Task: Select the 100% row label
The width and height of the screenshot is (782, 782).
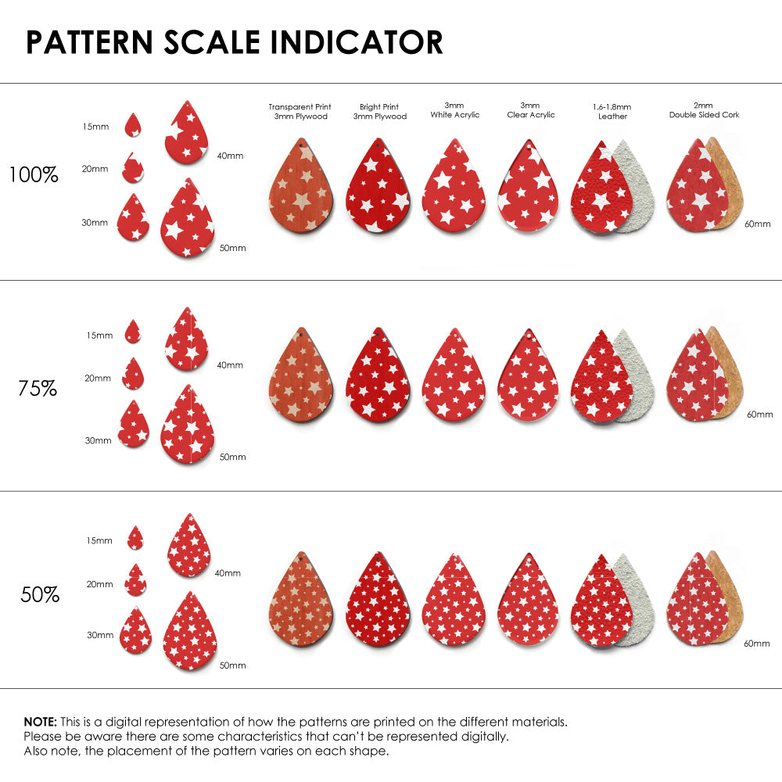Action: tap(34, 175)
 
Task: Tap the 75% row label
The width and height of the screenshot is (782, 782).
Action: tap(38, 388)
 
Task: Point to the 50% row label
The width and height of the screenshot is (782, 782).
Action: tap(40, 595)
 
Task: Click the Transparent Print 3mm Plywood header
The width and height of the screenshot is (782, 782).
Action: tap(300, 111)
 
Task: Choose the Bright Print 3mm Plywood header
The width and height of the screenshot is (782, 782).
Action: tap(379, 111)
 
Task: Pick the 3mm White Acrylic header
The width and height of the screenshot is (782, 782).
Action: tap(454, 109)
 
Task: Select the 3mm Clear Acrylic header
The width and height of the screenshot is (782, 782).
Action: tap(530, 109)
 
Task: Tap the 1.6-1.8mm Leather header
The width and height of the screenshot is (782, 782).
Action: tap(612, 111)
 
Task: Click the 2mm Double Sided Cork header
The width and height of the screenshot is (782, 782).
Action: tap(704, 109)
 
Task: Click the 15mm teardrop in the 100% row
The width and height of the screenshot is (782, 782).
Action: tap(133, 125)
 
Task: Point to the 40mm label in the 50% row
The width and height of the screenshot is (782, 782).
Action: tap(228, 573)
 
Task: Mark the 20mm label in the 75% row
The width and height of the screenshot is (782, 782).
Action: tap(98, 378)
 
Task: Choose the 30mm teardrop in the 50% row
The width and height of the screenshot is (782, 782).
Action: tap(136, 630)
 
